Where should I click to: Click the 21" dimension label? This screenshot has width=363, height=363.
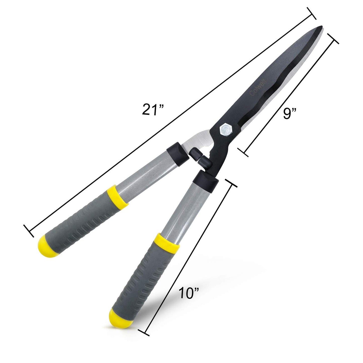[x=153, y=110]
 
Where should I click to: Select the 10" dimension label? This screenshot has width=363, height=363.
[x=189, y=293]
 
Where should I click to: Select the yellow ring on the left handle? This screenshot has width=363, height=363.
[x=117, y=195]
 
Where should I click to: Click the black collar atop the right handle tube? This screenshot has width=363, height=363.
[x=206, y=180]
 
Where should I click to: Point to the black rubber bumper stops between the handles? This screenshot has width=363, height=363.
[x=199, y=157]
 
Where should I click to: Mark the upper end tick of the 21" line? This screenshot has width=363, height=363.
[x=311, y=13]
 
